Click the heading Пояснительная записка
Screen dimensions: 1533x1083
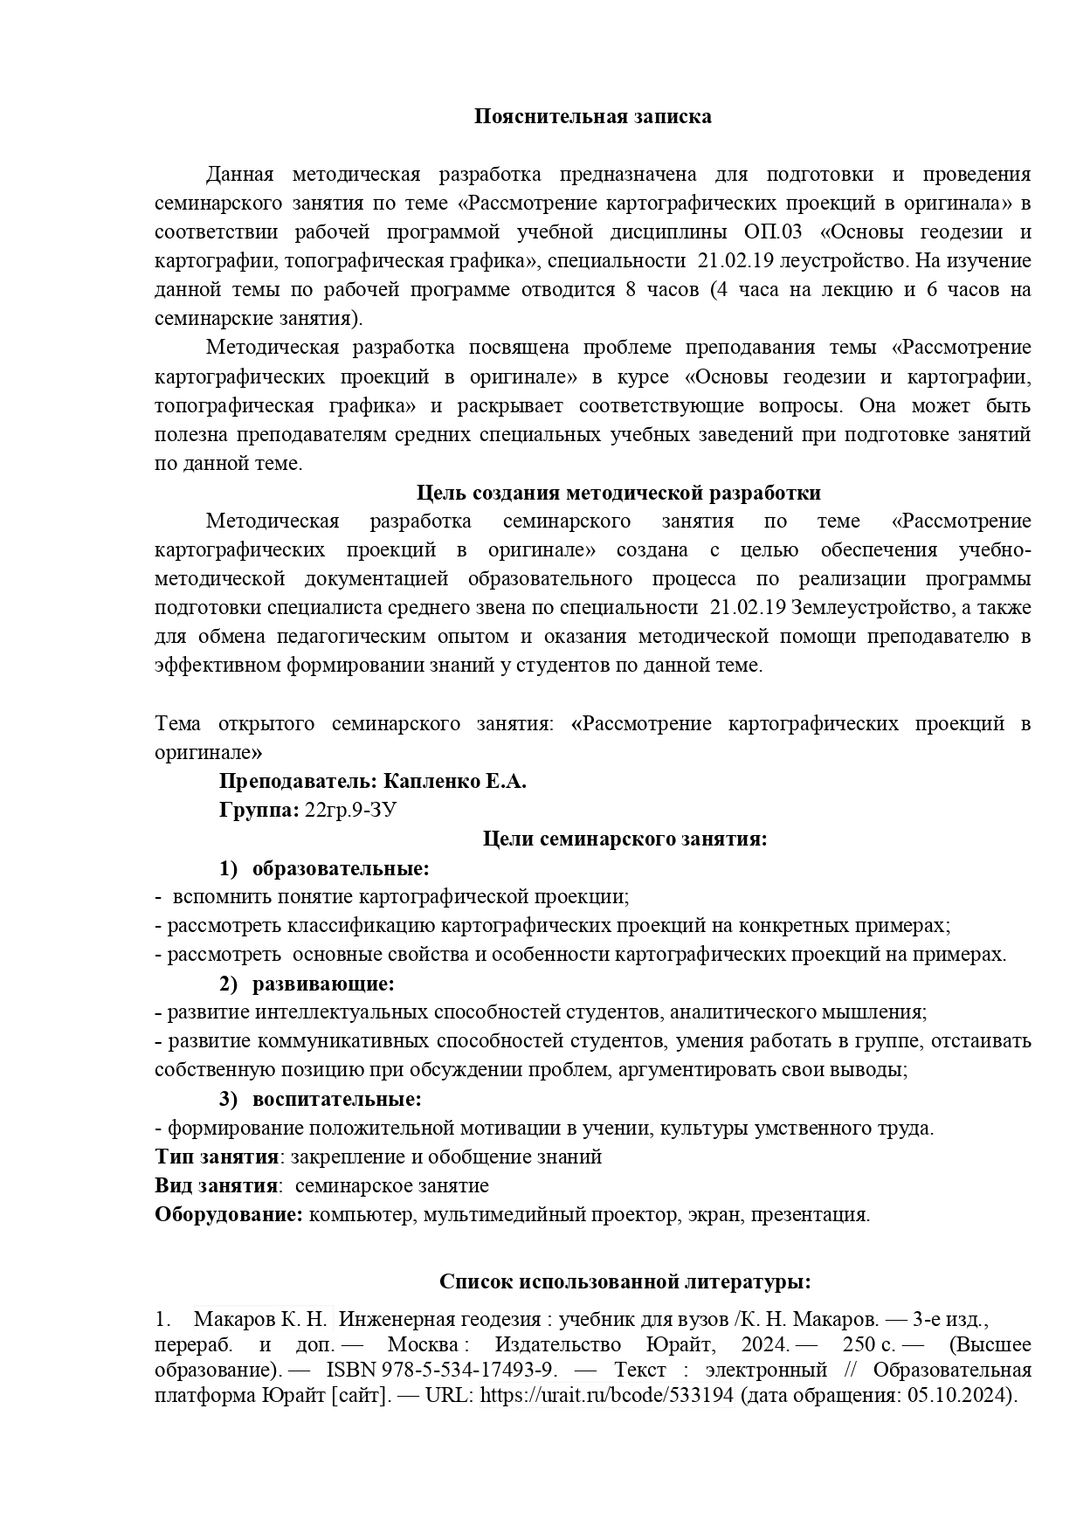click(x=592, y=116)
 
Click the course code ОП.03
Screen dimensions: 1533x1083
click(x=772, y=232)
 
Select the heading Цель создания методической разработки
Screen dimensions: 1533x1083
click(x=618, y=493)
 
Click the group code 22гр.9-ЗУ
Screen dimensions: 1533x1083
click(x=351, y=810)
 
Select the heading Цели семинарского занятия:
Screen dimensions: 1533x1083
click(x=624, y=839)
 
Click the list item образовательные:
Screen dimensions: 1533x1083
click(x=341, y=868)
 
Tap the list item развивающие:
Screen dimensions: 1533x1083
click(x=323, y=984)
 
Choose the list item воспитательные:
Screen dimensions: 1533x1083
click(x=336, y=1099)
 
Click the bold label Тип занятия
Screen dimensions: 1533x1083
click(x=216, y=1157)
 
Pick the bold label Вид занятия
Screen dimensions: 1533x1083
click(x=216, y=1185)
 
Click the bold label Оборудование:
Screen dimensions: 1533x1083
click(x=229, y=1214)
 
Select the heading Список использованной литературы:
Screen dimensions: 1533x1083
click(x=624, y=1281)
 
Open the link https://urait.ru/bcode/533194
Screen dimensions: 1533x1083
click(x=606, y=1396)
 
